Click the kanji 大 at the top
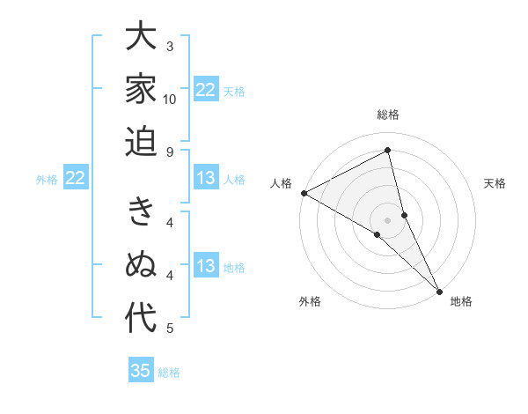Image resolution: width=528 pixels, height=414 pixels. click(x=141, y=38)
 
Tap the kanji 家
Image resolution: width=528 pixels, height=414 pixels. click(x=141, y=90)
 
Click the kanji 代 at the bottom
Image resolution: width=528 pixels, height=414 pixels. click(x=141, y=318)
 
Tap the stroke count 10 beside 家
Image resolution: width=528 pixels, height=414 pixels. click(x=170, y=100)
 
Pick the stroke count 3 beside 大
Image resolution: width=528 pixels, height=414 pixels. click(x=170, y=46)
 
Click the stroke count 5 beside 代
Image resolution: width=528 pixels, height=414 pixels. click(x=170, y=329)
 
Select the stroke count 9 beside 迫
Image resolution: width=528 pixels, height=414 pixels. click(x=170, y=152)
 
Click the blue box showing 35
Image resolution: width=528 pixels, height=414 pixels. click(x=141, y=371)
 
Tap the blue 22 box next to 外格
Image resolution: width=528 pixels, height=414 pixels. click(x=76, y=179)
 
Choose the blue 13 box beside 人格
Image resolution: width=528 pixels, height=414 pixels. click(x=206, y=179)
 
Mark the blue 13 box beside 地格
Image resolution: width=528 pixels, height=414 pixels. click(x=206, y=267)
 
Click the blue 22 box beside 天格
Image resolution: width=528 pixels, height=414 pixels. click(x=206, y=90)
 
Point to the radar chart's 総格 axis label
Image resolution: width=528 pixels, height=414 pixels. click(x=388, y=115)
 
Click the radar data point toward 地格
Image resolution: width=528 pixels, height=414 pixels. click(x=438, y=288)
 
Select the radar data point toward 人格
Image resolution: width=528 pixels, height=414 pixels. click(x=304, y=192)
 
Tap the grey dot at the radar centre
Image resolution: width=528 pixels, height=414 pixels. click(x=388, y=219)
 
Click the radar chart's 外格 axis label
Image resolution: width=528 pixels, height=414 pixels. click(x=310, y=301)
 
